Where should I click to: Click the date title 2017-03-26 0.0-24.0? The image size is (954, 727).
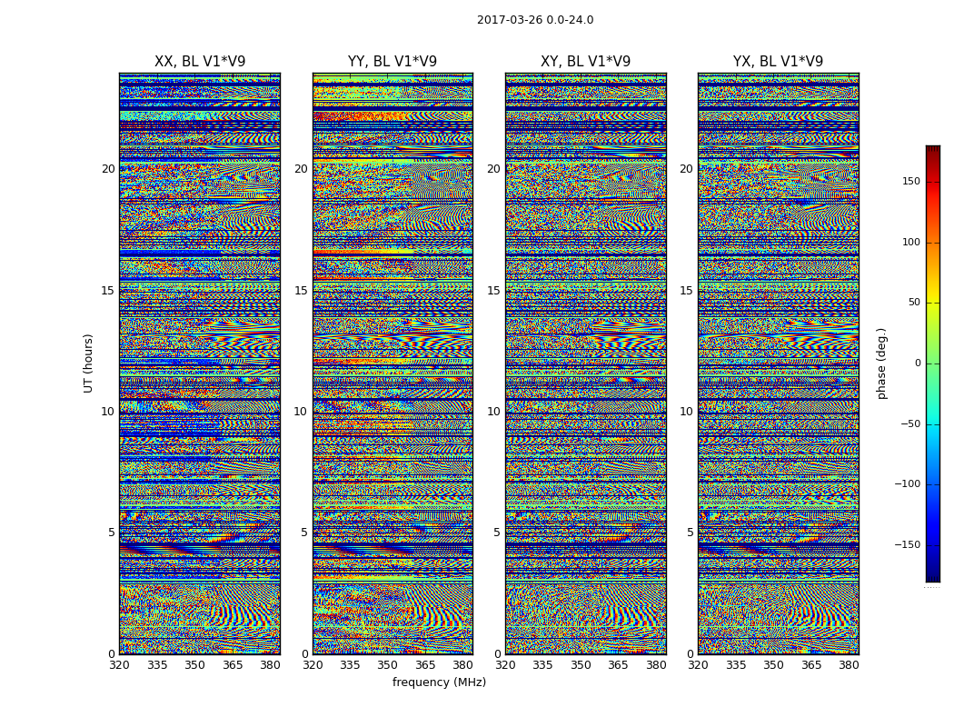click(x=535, y=20)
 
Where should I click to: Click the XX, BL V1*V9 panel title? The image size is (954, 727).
click(x=200, y=62)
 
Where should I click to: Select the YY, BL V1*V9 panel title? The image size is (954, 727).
click(x=393, y=62)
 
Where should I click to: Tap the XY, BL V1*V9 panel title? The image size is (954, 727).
click(x=585, y=62)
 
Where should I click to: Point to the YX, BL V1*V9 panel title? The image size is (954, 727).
click(x=778, y=62)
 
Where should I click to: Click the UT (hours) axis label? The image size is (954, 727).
click(x=89, y=363)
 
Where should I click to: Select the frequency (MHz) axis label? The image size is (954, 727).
click(x=439, y=682)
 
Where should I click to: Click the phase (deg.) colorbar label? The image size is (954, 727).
click(x=882, y=363)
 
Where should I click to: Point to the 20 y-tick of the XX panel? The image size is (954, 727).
click(x=108, y=169)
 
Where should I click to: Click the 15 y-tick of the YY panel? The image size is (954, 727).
click(x=301, y=291)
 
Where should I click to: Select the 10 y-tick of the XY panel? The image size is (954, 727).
click(x=493, y=412)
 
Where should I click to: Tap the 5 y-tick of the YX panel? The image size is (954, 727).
click(x=690, y=533)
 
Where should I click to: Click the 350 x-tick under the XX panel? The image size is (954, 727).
click(x=194, y=665)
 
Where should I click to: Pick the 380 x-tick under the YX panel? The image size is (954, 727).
click(x=849, y=665)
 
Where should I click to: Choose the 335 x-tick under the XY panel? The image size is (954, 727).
click(x=542, y=665)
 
